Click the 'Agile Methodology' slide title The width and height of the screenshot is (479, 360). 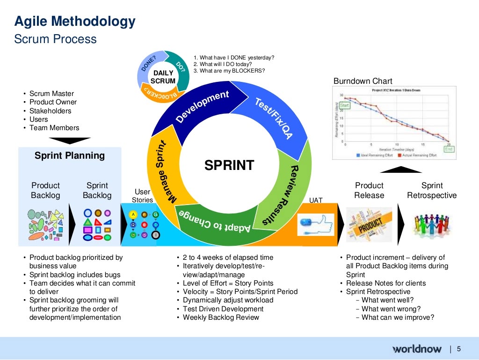click(x=75, y=22)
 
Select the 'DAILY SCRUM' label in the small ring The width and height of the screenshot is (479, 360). click(x=164, y=77)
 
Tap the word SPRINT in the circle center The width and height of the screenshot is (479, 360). click(x=229, y=165)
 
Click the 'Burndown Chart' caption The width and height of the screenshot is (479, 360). click(x=363, y=81)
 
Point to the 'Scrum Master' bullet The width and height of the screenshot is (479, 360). click(x=51, y=94)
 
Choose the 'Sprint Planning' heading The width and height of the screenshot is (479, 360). click(x=70, y=155)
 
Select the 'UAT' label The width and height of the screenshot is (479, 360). click(x=316, y=200)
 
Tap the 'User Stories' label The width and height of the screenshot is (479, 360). click(x=142, y=196)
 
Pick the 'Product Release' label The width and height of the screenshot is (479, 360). click(x=369, y=191)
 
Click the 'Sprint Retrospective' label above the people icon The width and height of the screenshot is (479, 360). click(x=432, y=191)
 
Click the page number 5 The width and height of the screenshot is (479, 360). click(x=458, y=348)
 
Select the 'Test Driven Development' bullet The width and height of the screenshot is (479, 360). click(x=223, y=309)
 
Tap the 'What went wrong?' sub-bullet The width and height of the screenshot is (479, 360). click(x=391, y=309)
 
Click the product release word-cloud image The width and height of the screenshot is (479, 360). click(x=370, y=225)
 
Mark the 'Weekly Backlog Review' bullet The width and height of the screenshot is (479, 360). click(x=221, y=317)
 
